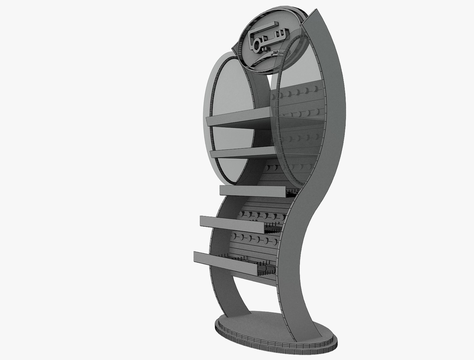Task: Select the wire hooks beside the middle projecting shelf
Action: pyautogui.click(x=272, y=228)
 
